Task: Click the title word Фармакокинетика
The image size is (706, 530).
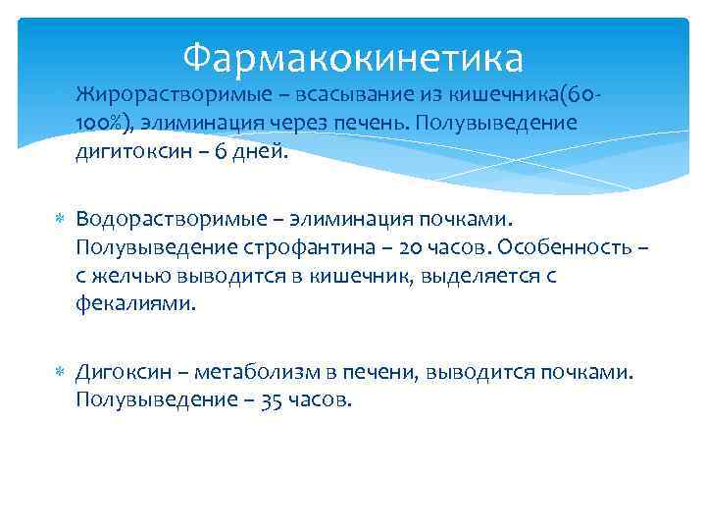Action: (x=353, y=58)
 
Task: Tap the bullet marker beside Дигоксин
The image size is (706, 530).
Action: (x=60, y=373)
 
